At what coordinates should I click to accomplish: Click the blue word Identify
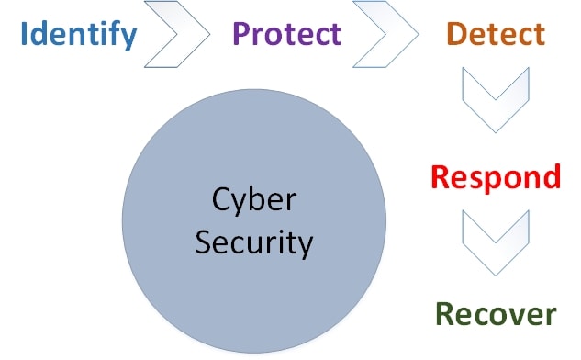pos(79,36)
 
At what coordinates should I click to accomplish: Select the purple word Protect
pos(286,34)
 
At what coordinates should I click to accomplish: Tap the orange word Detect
pos(495,34)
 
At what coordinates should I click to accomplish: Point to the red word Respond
pos(496,176)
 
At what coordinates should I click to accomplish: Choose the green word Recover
pos(496,314)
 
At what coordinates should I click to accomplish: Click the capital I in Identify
pos(25,34)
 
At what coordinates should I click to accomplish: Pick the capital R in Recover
pos(445,314)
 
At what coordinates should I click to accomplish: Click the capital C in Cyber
pos(220,199)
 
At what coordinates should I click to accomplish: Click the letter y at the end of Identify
pos(128,39)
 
